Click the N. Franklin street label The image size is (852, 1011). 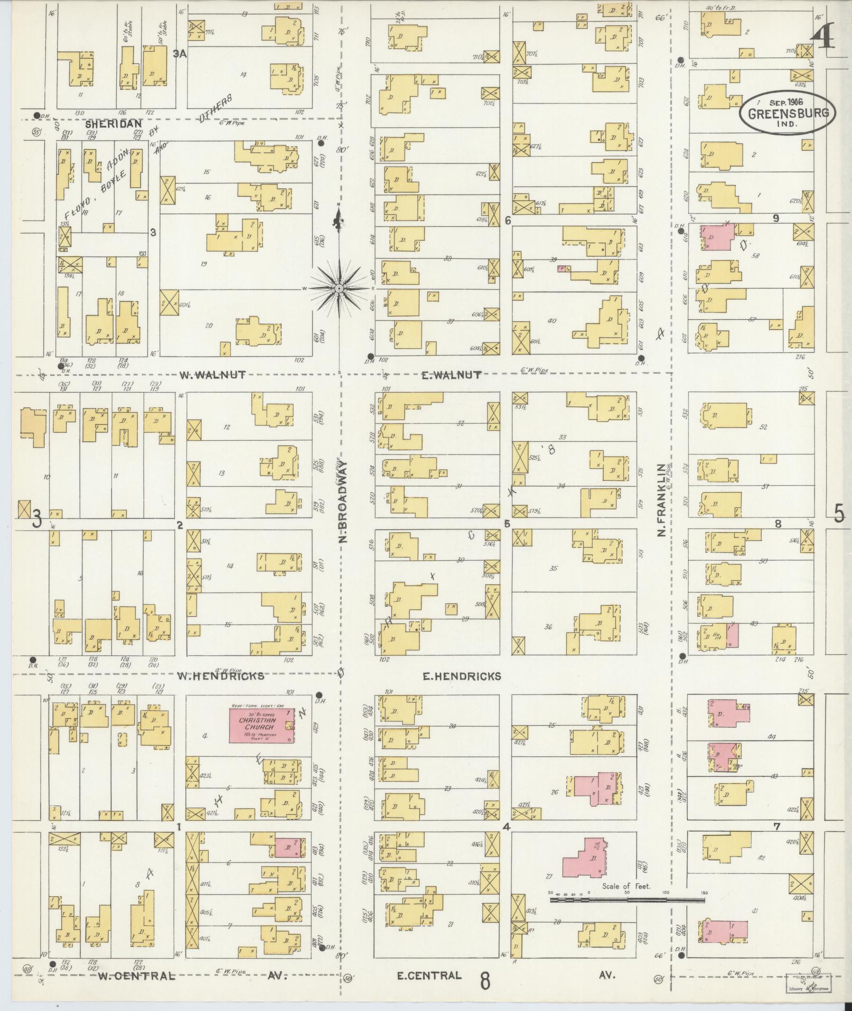[x=661, y=501]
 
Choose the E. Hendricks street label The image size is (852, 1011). [x=461, y=676]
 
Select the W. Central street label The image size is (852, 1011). [x=136, y=976]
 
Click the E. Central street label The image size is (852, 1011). [x=429, y=975]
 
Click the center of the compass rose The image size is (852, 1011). [x=338, y=288]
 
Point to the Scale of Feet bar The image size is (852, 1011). [x=629, y=898]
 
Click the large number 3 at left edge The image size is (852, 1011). [x=36, y=518]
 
